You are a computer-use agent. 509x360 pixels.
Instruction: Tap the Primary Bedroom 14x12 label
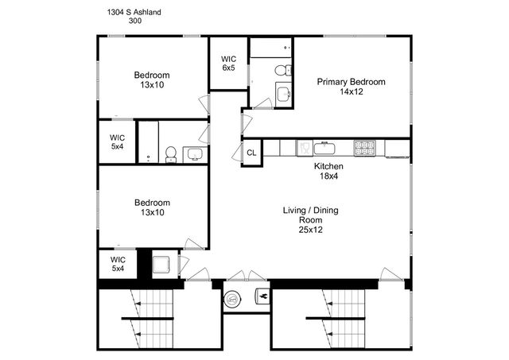tap(351, 87)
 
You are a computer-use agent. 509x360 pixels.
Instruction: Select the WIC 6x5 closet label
tap(228, 64)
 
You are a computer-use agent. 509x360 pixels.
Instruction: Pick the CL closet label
tap(251, 153)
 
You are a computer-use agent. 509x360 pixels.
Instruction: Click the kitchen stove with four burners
tap(364, 147)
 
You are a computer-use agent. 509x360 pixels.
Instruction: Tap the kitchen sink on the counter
tap(324, 147)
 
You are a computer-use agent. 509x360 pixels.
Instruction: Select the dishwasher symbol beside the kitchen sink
tap(303, 147)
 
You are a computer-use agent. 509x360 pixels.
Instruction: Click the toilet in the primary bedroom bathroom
tap(282, 71)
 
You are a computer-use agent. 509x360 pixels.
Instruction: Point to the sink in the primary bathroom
tap(283, 95)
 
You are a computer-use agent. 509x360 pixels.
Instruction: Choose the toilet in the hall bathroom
tap(171, 153)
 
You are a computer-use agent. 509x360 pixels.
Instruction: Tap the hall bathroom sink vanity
tap(193, 153)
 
